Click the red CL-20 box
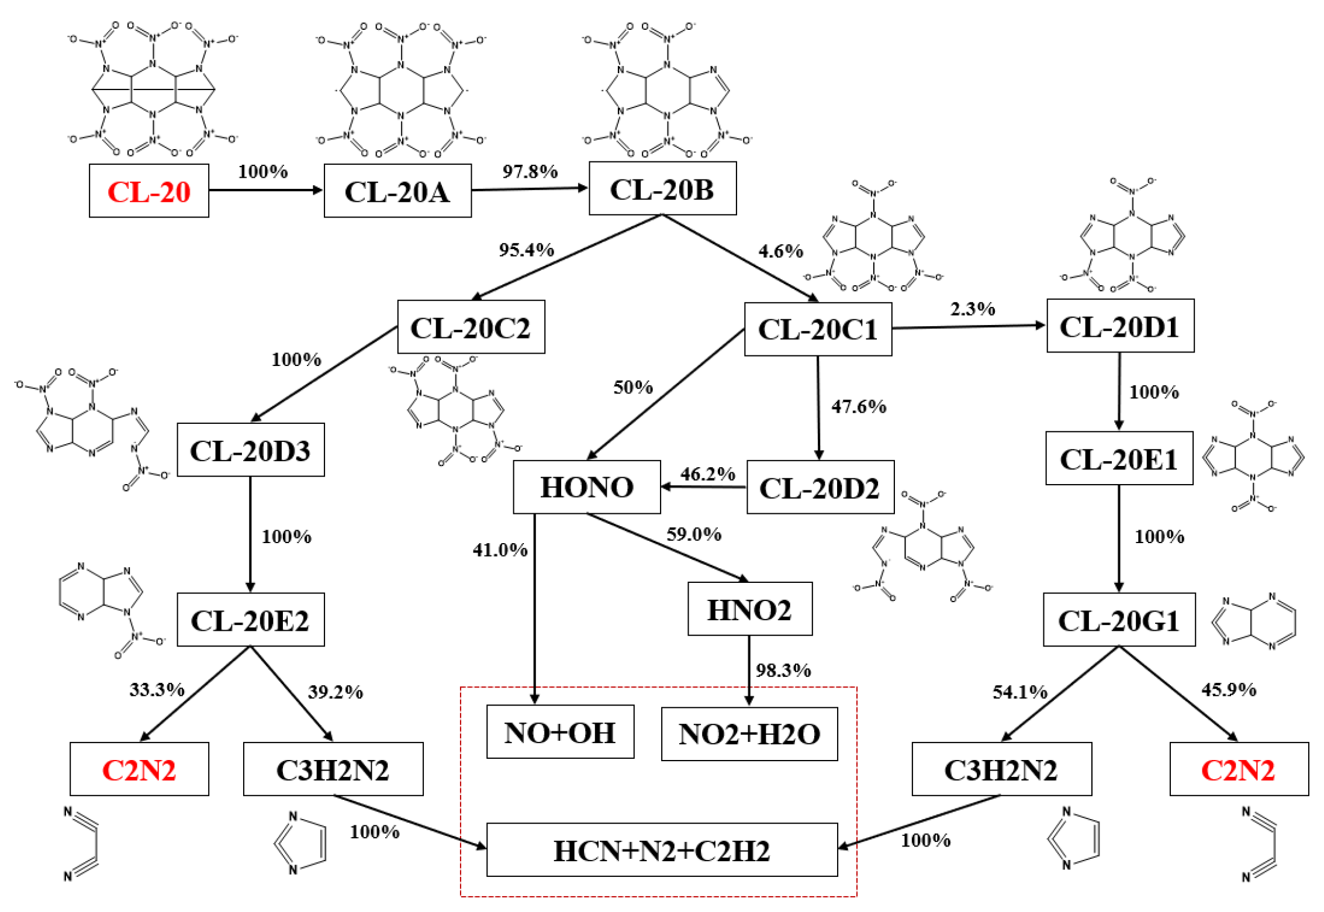pyautogui.click(x=148, y=191)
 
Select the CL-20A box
pyautogui.click(x=397, y=191)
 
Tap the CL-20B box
pyautogui.click(x=662, y=188)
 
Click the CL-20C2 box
pyautogui.click(x=471, y=327)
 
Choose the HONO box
pyautogui.click(x=586, y=486)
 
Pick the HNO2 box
pyautogui.click(x=749, y=609)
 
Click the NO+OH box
pyautogui.click(x=560, y=731)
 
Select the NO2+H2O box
pyautogui.click(x=749, y=734)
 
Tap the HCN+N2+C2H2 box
pyautogui.click(x=662, y=849)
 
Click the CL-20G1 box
pyautogui.click(x=1118, y=620)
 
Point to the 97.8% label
pyautogui.click(x=530, y=171)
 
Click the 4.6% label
pyautogui.click(x=780, y=251)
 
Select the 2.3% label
pyautogui.click(x=972, y=309)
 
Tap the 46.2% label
pyautogui.click(x=707, y=474)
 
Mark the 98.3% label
pyautogui.click(x=783, y=670)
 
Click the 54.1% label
pyautogui.click(x=1019, y=692)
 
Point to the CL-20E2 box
pyautogui.click(x=250, y=620)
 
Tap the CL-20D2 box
pyautogui.click(x=820, y=487)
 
